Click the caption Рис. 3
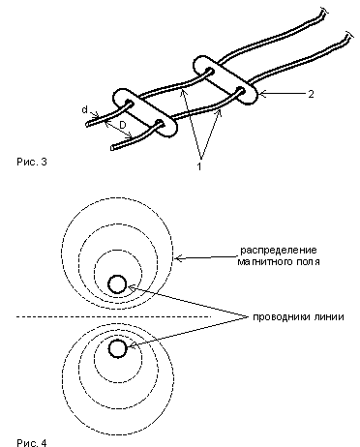point(32,162)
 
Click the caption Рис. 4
point(32,442)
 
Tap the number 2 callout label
point(311,94)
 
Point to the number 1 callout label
point(199,166)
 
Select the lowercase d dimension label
point(84,109)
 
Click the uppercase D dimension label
point(123,126)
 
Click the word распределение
point(279,250)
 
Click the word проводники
point(277,317)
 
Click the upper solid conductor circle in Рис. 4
point(117,284)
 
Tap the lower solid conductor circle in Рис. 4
point(117,348)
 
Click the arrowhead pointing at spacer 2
point(261,94)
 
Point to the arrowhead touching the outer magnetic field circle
point(177,258)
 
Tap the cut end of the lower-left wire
point(112,148)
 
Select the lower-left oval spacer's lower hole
point(160,123)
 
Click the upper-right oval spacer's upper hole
point(209,71)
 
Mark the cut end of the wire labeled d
point(88,124)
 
